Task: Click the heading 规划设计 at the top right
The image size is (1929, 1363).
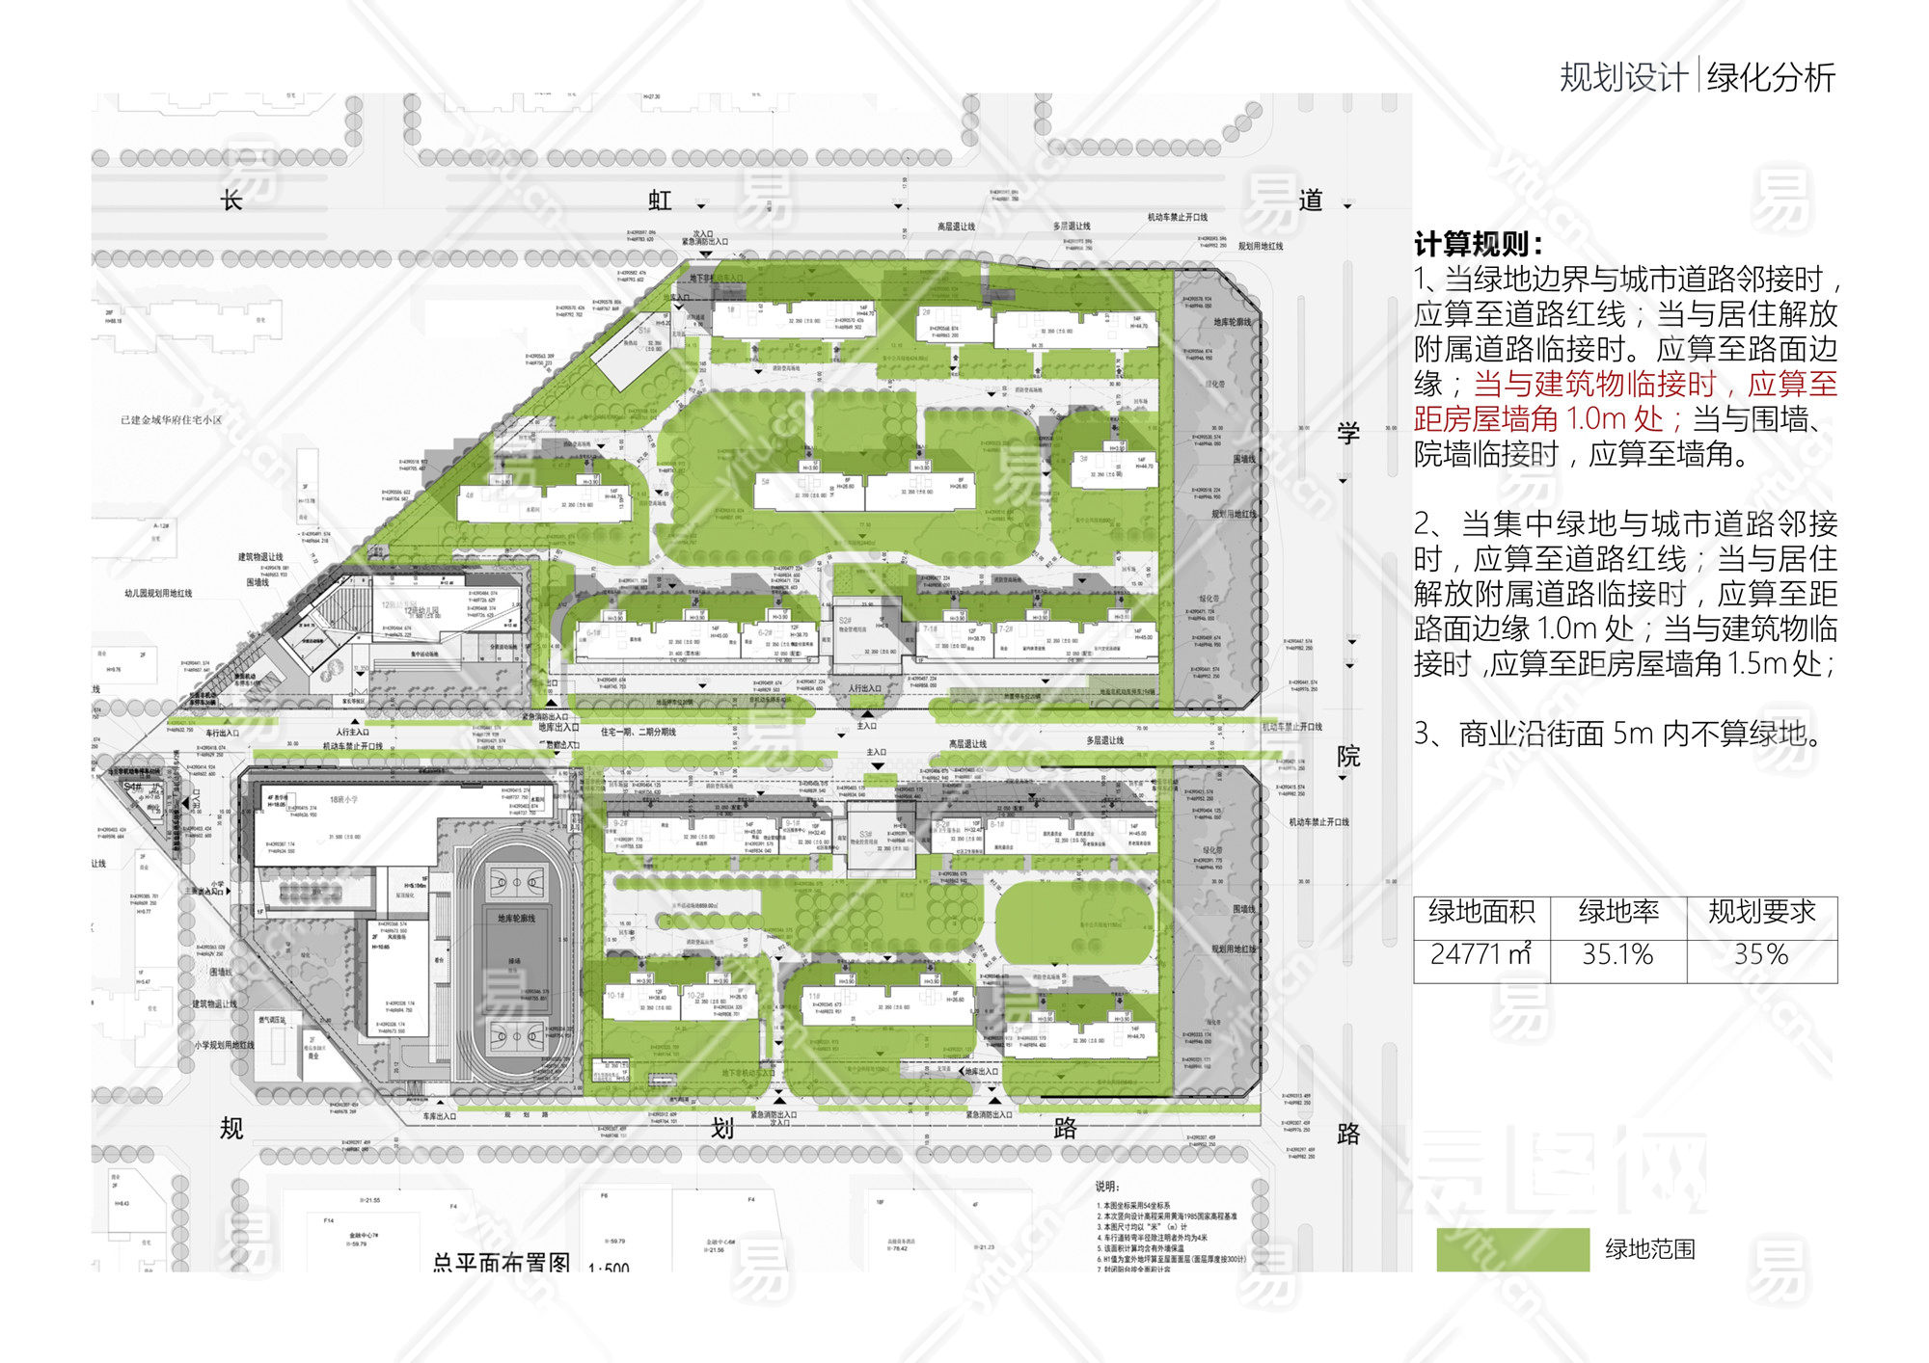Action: click(1623, 77)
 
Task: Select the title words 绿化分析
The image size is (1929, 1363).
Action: click(1771, 77)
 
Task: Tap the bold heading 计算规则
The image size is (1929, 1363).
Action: click(1477, 244)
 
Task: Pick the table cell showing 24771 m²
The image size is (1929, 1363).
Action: click(1481, 954)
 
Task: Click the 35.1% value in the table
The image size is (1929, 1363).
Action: click(1617, 954)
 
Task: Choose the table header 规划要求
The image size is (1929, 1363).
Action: click(1761, 912)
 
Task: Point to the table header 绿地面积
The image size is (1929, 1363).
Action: click(1481, 912)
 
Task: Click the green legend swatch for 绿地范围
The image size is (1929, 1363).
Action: click(1512, 1249)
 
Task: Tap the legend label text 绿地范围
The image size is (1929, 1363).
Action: click(1650, 1249)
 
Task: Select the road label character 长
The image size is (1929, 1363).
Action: click(231, 200)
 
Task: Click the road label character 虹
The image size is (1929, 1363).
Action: click(660, 200)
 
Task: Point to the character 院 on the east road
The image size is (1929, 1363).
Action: click(1348, 757)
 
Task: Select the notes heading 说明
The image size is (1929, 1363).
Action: click(1107, 1187)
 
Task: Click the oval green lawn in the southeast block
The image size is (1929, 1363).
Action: click(1074, 922)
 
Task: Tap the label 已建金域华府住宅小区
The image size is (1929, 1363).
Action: click(171, 420)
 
